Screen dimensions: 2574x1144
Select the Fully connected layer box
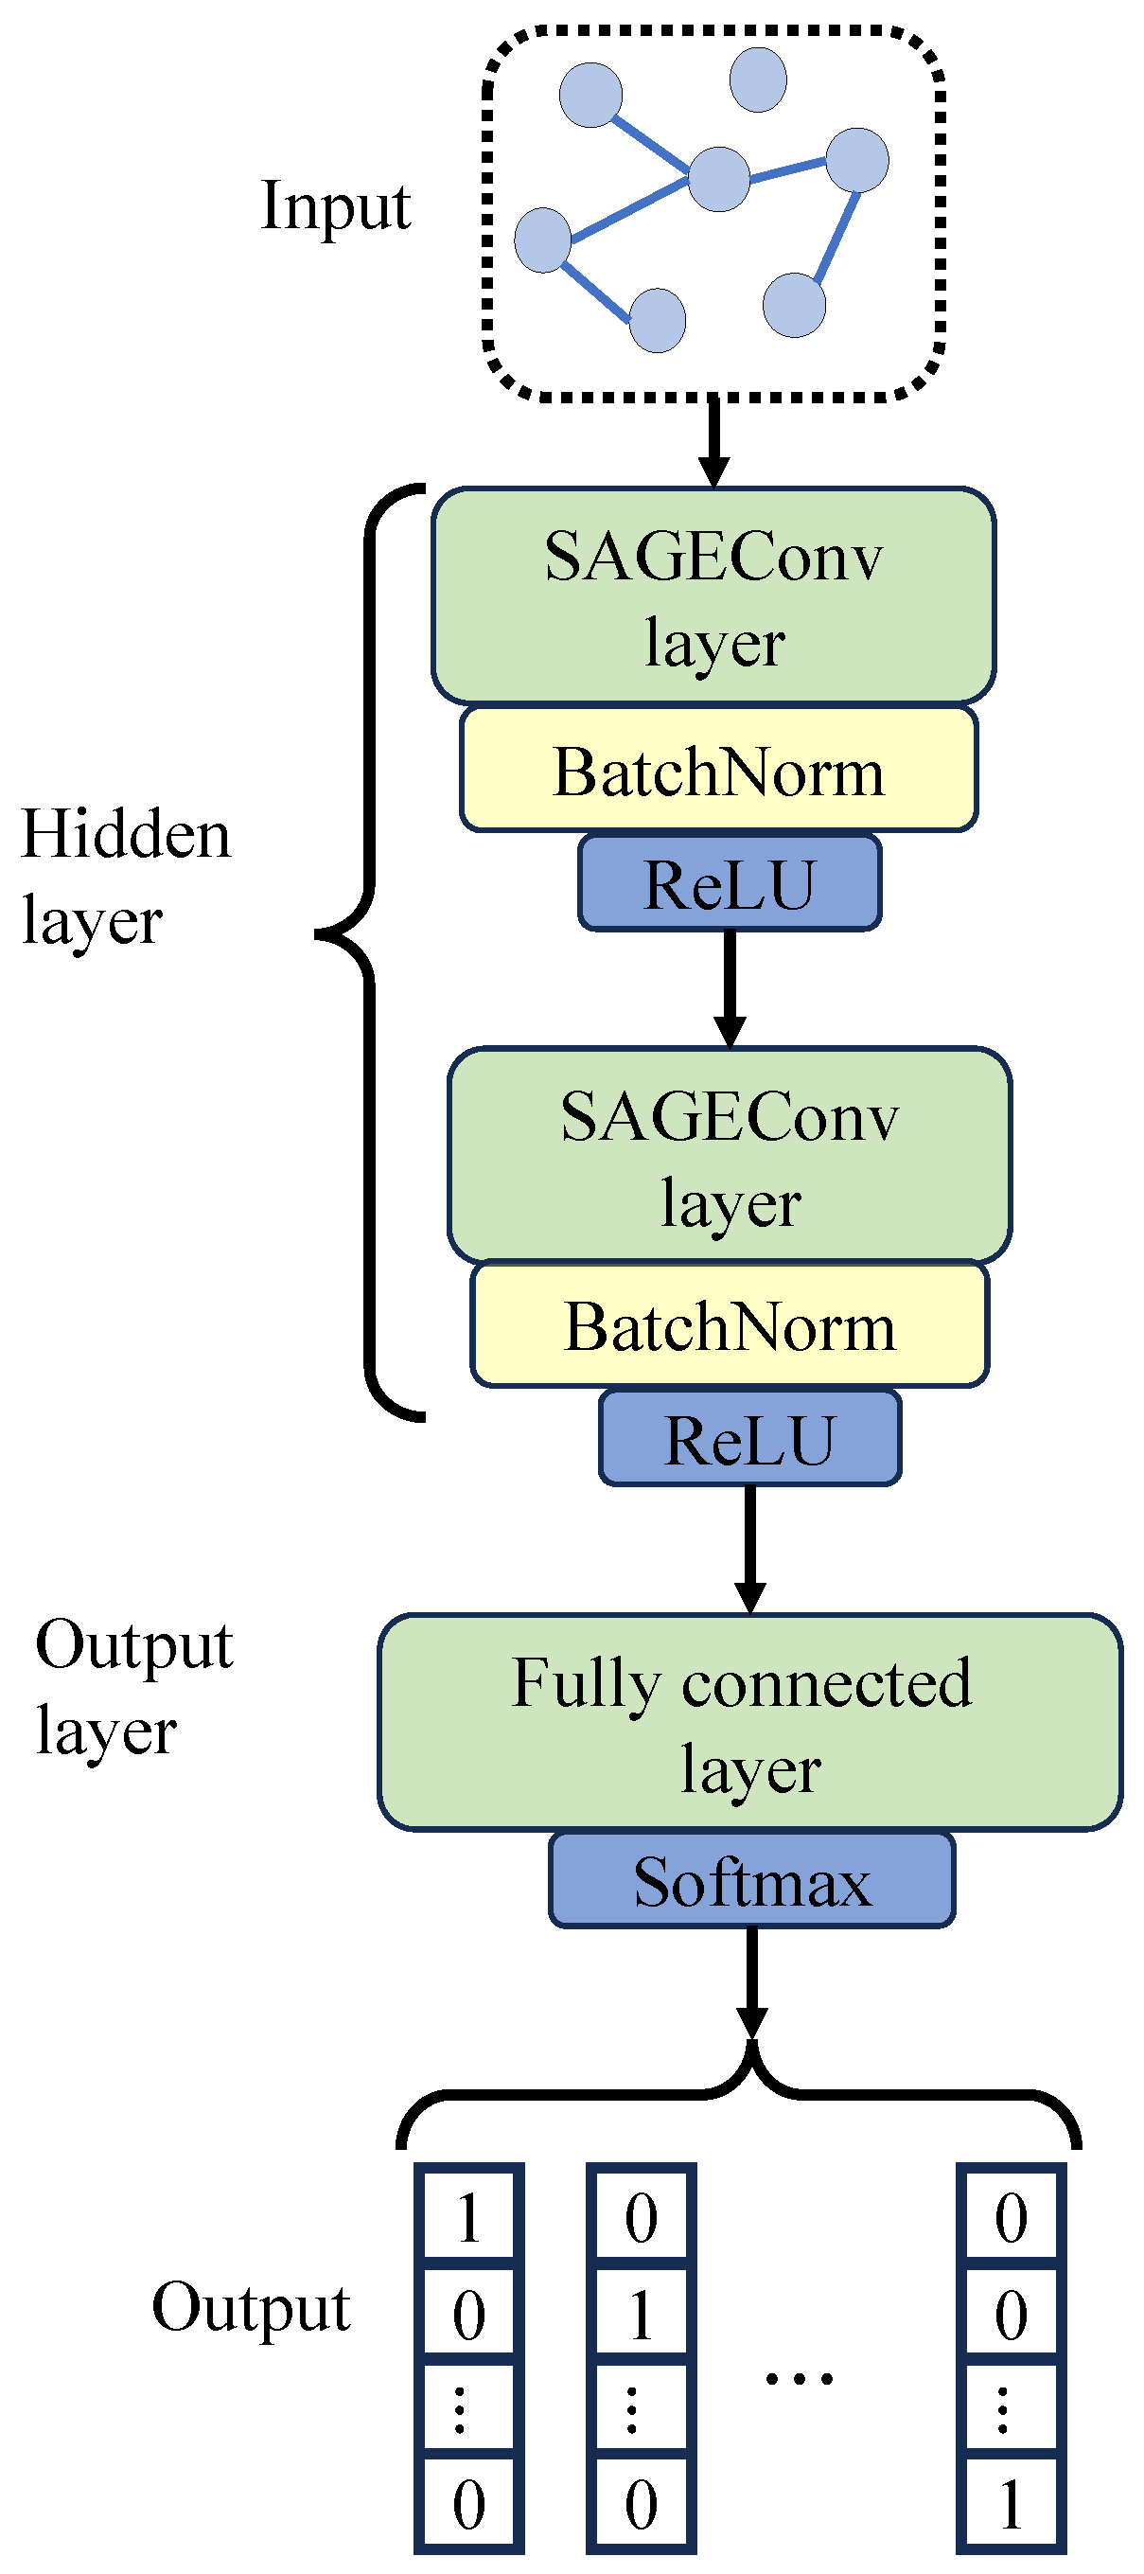click(x=749, y=1723)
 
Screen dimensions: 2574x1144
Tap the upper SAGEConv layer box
click(x=713, y=596)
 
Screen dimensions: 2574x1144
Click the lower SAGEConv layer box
click(x=730, y=1156)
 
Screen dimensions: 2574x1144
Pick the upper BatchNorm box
click(x=718, y=771)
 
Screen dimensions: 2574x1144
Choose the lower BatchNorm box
click(x=730, y=1326)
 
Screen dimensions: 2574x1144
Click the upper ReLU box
click(x=730, y=884)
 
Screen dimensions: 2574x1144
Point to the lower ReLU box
click(x=749, y=1440)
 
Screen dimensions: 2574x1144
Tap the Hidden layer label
click(x=125, y=877)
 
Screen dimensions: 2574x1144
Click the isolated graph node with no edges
click(x=758, y=80)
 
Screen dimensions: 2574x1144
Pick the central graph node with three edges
click(x=719, y=179)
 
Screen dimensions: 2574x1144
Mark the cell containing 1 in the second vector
click(x=641, y=2314)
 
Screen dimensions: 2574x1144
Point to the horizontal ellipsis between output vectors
click(x=800, y=2379)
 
